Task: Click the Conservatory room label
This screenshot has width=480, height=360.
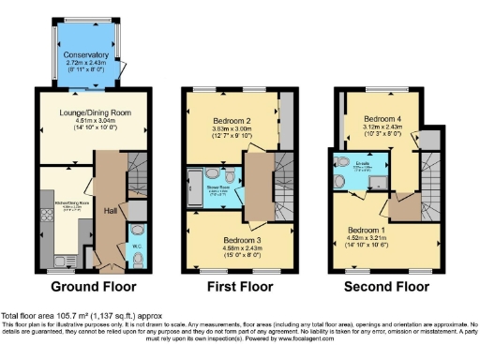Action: [x=86, y=55]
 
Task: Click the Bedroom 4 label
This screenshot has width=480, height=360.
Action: [x=382, y=120]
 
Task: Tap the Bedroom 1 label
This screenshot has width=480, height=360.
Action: [x=367, y=230]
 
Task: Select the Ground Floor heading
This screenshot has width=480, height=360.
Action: [x=93, y=287]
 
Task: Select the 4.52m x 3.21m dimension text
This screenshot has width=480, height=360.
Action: [x=367, y=238]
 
